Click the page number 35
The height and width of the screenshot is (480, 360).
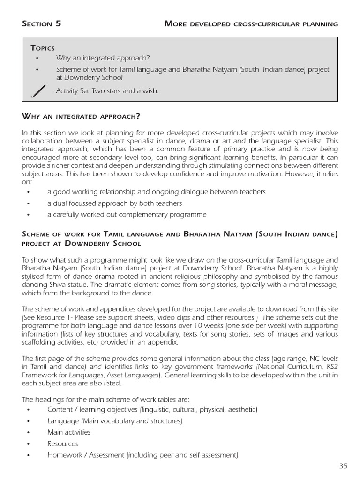pos(343,466)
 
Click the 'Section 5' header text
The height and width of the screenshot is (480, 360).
pos(41,24)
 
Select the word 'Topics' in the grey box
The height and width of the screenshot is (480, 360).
pos(43,48)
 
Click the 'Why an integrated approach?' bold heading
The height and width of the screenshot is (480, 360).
pos(81,116)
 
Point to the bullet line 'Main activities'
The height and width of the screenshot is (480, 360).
pos(69,432)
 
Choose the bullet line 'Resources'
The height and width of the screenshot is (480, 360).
pos(62,443)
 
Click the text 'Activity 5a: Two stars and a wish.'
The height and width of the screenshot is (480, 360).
pos(107,91)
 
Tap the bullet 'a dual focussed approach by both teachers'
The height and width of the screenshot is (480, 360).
pos(114,203)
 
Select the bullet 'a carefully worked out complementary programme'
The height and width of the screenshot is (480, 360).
pos(127,215)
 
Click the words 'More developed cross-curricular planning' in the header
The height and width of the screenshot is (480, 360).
pos(251,24)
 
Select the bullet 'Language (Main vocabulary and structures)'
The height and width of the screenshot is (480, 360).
pos(114,421)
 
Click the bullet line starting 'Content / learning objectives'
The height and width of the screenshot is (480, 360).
pos(152,410)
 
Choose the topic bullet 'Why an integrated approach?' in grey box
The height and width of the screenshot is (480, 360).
pos(102,58)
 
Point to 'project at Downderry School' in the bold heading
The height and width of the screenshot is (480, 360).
pos(81,244)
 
